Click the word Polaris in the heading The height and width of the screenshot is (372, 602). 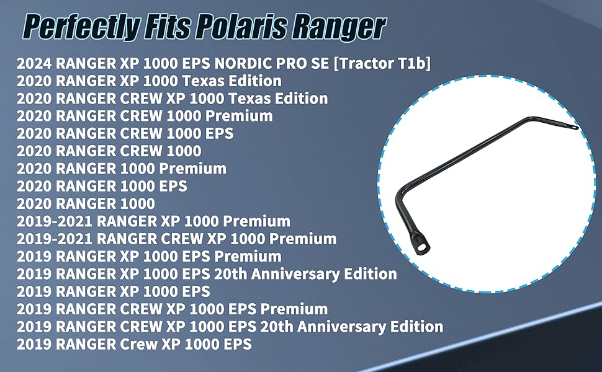click(x=242, y=27)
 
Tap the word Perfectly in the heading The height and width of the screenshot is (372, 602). click(x=80, y=27)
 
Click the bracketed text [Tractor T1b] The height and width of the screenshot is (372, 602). click(x=382, y=63)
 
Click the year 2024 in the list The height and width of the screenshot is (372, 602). click(x=34, y=63)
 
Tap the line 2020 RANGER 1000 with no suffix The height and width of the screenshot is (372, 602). click(x=86, y=203)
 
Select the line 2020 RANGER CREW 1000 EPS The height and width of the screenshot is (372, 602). click(x=125, y=133)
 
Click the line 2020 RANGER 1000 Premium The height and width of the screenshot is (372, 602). click(x=121, y=169)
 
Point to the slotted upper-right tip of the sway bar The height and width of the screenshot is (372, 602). click(x=573, y=126)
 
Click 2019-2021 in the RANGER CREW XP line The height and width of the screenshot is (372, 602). click(x=54, y=239)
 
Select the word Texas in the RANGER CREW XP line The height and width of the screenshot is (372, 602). click(x=249, y=99)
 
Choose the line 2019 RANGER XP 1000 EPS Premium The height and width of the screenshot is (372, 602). click(x=149, y=257)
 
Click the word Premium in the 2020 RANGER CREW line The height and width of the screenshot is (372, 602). click(x=239, y=116)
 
